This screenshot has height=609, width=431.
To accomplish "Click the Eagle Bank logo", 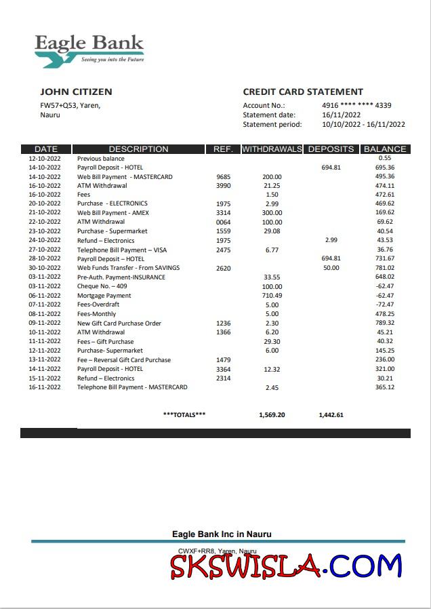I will pyautogui.click(x=89, y=49).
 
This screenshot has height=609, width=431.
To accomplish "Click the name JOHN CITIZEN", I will pyautogui.click(x=76, y=92).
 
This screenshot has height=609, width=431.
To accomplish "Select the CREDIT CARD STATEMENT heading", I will pyautogui.click(x=303, y=92).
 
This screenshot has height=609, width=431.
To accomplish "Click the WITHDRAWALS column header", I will pyautogui.click(x=272, y=149).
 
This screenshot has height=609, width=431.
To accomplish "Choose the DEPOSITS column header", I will pyautogui.click(x=331, y=149).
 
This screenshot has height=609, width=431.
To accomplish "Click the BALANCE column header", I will pyautogui.click(x=385, y=149).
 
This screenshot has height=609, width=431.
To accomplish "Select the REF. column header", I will pyautogui.click(x=223, y=149).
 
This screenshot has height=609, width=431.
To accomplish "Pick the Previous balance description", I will pyautogui.click(x=101, y=159).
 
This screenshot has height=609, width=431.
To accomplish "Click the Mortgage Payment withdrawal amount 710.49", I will pyautogui.click(x=272, y=296).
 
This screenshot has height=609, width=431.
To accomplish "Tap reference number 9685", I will pyautogui.click(x=223, y=177).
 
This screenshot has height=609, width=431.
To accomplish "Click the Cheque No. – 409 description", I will pyautogui.click(x=102, y=287).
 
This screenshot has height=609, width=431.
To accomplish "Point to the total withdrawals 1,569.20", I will pyautogui.click(x=272, y=414).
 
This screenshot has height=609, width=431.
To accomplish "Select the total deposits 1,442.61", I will pyautogui.click(x=331, y=414).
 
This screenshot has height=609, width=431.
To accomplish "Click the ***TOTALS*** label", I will pyautogui.click(x=184, y=414).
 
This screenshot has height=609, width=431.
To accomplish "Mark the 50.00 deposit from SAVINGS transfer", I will pyautogui.click(x=331, y=268).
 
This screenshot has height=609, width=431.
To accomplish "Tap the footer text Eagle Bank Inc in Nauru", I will pyautogui.click(x=222, y=534).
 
